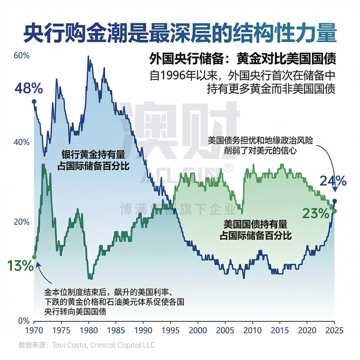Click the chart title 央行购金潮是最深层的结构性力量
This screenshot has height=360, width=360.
[180, 32]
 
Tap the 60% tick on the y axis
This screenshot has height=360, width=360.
[22, 56]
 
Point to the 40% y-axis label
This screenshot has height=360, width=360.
[22, 142]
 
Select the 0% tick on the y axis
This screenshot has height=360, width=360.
[23, 320]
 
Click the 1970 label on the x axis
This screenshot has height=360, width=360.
[34, 330]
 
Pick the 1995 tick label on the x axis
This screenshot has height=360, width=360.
[170, 330]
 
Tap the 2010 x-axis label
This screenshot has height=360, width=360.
[252, 330]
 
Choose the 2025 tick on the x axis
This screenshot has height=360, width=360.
[334, 330]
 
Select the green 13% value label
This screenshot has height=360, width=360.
[20, 266]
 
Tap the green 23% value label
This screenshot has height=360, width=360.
[316, 213]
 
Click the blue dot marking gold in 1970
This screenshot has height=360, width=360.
[34, 101]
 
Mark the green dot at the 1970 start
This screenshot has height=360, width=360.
[34, 257]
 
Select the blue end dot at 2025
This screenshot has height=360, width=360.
[334, 201]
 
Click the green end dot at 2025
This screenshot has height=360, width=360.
[334, 211]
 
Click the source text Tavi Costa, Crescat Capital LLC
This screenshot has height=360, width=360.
[104, 345]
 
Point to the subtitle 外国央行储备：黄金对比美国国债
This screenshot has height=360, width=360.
[243, 59]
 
